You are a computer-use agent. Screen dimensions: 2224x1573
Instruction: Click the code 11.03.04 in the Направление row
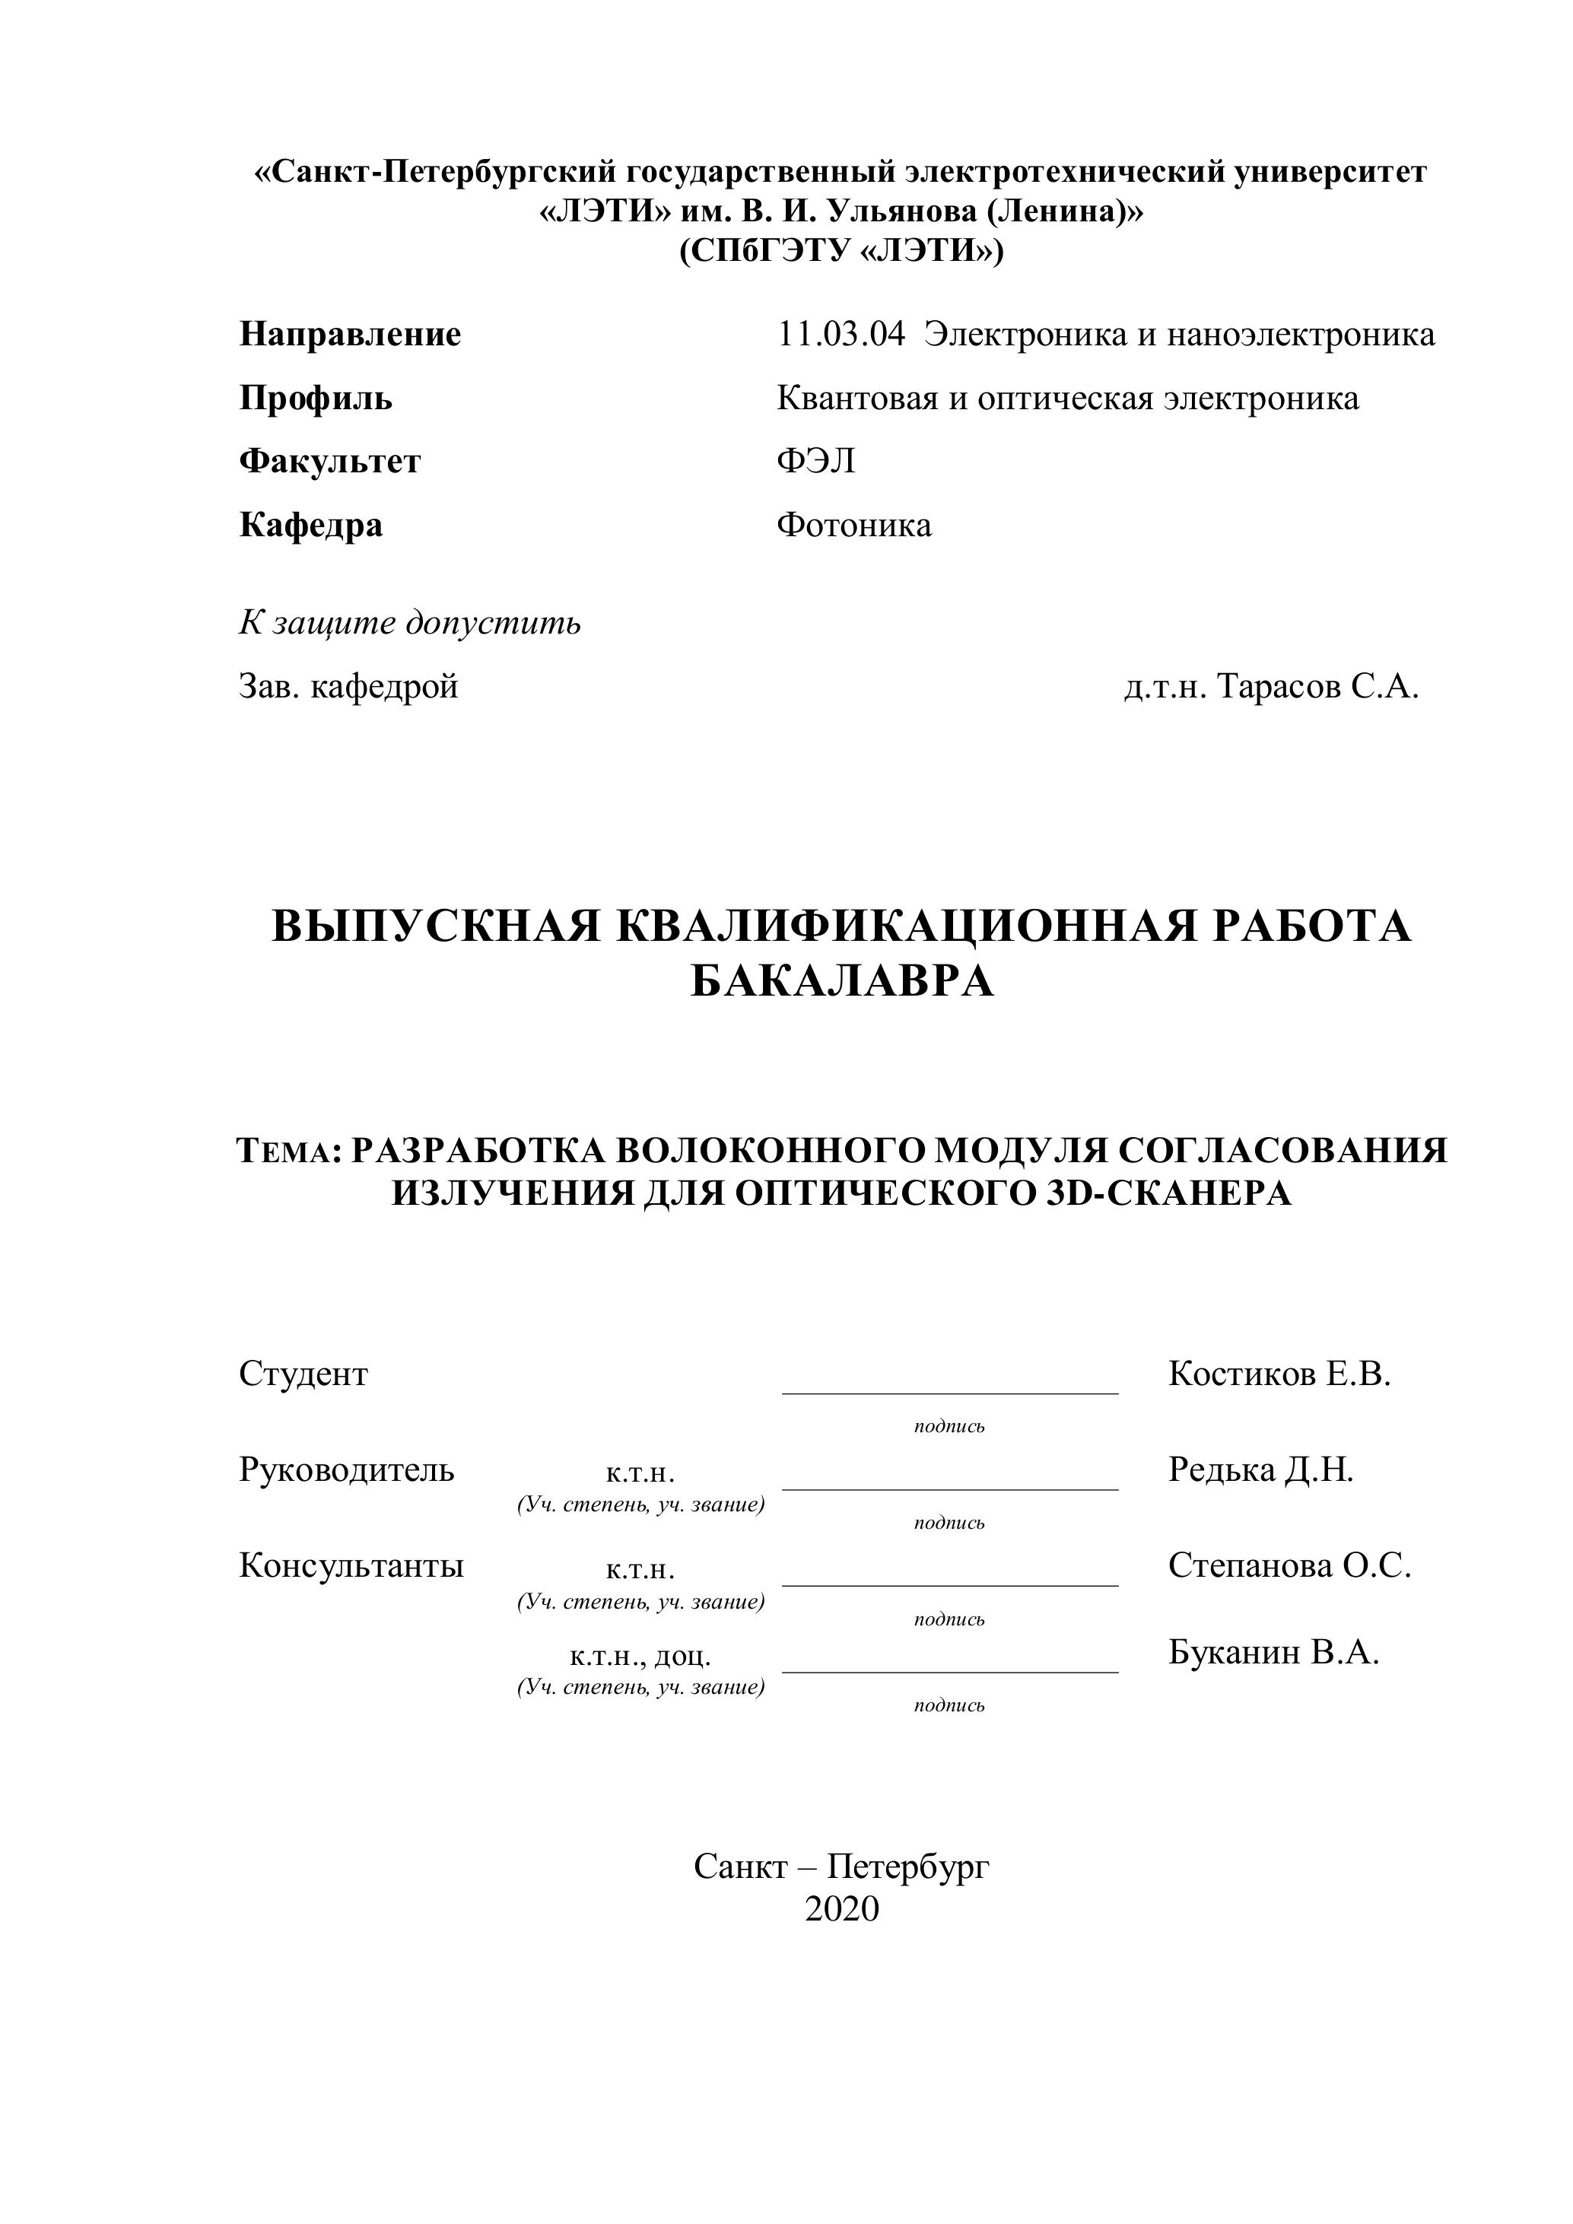(x=841, y=335)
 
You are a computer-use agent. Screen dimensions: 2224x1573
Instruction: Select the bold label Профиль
(x=316, y=398)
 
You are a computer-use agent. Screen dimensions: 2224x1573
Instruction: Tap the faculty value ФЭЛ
(x=815, y=461)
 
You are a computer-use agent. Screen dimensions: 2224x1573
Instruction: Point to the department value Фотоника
(x=853, y=525)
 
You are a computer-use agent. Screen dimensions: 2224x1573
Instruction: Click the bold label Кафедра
(x=311, y=525)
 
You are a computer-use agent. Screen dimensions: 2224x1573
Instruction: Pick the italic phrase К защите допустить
(x=410, y=622)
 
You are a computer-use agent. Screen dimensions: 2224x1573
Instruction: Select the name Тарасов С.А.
(x=1317, y=687)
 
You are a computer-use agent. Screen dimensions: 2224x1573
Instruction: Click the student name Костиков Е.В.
(x=1279, y=1374)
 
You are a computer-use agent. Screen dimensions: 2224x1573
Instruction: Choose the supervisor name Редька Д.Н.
(x=1260, y=1469)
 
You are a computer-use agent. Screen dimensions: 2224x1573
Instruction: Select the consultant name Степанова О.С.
(x=1289, y=1565)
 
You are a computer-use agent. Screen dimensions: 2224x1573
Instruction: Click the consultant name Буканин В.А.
(x=1273, y=1651)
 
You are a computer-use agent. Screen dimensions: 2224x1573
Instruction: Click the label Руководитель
(x=346, y=1469)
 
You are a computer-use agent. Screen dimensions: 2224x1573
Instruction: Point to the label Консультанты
(x=351, y=1565)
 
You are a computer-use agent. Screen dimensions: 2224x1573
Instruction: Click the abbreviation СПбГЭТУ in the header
(x=765, y=252)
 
